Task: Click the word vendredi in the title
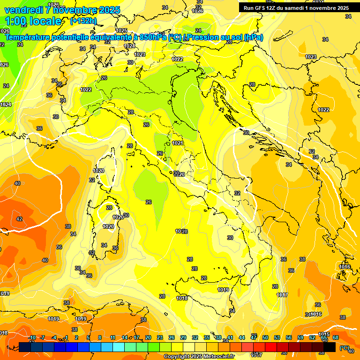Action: [24, 10]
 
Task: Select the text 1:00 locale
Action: [33, 21]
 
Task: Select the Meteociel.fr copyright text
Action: [199, 357]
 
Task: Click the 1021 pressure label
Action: [178, 143]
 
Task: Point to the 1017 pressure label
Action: [282, 295]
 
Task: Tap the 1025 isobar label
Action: [121, 31]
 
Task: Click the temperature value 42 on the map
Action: [19, 219]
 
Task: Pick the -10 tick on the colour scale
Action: [32, 337]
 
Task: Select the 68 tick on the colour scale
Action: [335, 337]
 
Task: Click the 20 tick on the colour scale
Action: [148, 337]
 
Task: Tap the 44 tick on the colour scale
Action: [242, 337]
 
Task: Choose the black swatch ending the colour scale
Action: [330, 347]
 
